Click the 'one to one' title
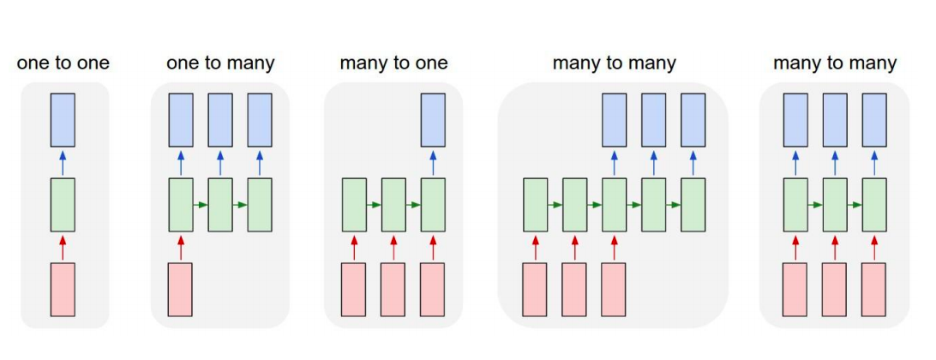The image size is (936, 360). coord(63,63)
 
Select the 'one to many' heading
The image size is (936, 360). coord(220,63)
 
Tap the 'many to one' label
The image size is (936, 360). coord(393,63)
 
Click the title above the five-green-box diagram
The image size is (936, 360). coord(614,63)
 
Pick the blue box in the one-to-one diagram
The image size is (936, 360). coord(63,121)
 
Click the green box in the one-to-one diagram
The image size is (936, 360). coord(63,205)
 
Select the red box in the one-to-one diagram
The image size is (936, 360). coord(63,289)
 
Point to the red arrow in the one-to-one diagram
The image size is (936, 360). coord(63,247)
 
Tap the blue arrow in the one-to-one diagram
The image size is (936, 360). coord(63,163)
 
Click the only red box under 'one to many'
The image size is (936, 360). coord(180,289)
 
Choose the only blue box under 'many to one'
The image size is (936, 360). coord(433,121)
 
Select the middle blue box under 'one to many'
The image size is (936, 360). coord(220,121)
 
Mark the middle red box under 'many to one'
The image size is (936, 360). coord(393,289)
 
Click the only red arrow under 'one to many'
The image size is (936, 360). coord(180,247)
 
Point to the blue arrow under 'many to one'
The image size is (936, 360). coord(433,163)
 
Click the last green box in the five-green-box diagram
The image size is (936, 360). coord(693,205)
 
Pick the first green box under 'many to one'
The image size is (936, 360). coord(354,205)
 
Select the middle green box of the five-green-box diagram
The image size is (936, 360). coord(614,205)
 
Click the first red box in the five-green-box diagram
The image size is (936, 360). coord(535,289)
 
